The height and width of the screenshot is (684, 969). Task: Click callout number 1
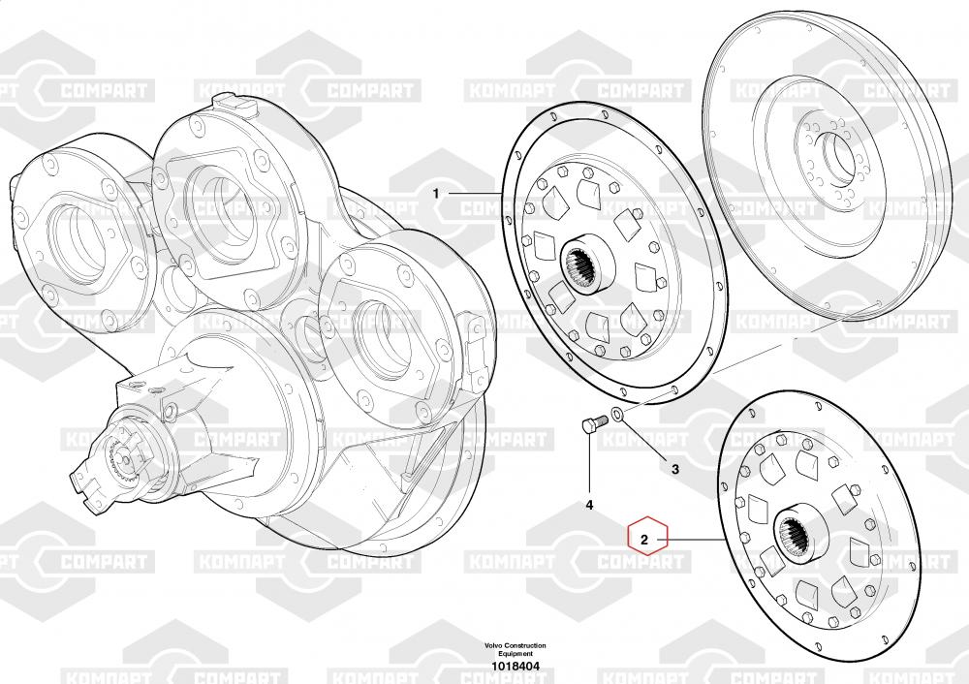point(436,194)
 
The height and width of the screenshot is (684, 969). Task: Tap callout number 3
point(674,470)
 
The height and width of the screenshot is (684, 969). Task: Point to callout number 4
point(589,506)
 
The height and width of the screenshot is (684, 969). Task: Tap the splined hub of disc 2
point(802,532)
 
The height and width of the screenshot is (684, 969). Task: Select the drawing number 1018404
point(516,667)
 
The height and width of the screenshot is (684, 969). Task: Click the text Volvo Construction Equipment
point(516,649)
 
